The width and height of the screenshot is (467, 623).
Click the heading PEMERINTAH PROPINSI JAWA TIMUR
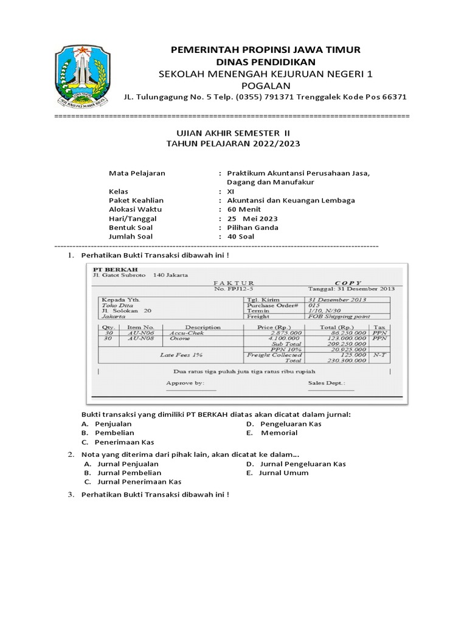click(266, 49)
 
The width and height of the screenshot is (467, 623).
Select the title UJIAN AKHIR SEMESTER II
click(233, 133)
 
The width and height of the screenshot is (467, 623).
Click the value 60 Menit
click(244, 209)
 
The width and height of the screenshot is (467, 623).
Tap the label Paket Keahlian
click(136, 200)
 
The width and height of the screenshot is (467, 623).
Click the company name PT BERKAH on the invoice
click(115, 269)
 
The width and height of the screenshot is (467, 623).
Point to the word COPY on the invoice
click(347, 283)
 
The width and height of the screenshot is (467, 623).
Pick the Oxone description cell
click(180, 338)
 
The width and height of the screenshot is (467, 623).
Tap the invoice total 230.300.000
click(346, 361)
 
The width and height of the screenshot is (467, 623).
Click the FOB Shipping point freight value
click(339, 316)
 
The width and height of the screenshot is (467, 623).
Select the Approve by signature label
click(184, 383)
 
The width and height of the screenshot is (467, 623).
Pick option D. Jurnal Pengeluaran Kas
click(296, 464)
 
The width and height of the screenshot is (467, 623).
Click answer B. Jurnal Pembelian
click(122, 473)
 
